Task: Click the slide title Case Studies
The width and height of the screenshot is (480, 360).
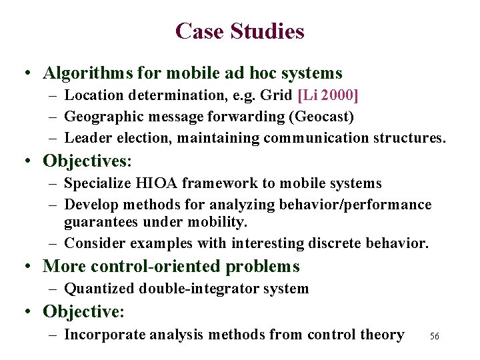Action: pos(239,31)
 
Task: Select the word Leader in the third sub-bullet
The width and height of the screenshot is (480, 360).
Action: pos(86,138)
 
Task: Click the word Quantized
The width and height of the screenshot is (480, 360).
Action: pos(99,289)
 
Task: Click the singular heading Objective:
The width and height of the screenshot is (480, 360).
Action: pos(83,311)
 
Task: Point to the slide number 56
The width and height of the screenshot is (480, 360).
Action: pos(435,337)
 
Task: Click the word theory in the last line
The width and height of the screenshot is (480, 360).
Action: pos(381,335)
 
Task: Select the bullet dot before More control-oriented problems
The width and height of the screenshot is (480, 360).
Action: pos(30,267)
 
